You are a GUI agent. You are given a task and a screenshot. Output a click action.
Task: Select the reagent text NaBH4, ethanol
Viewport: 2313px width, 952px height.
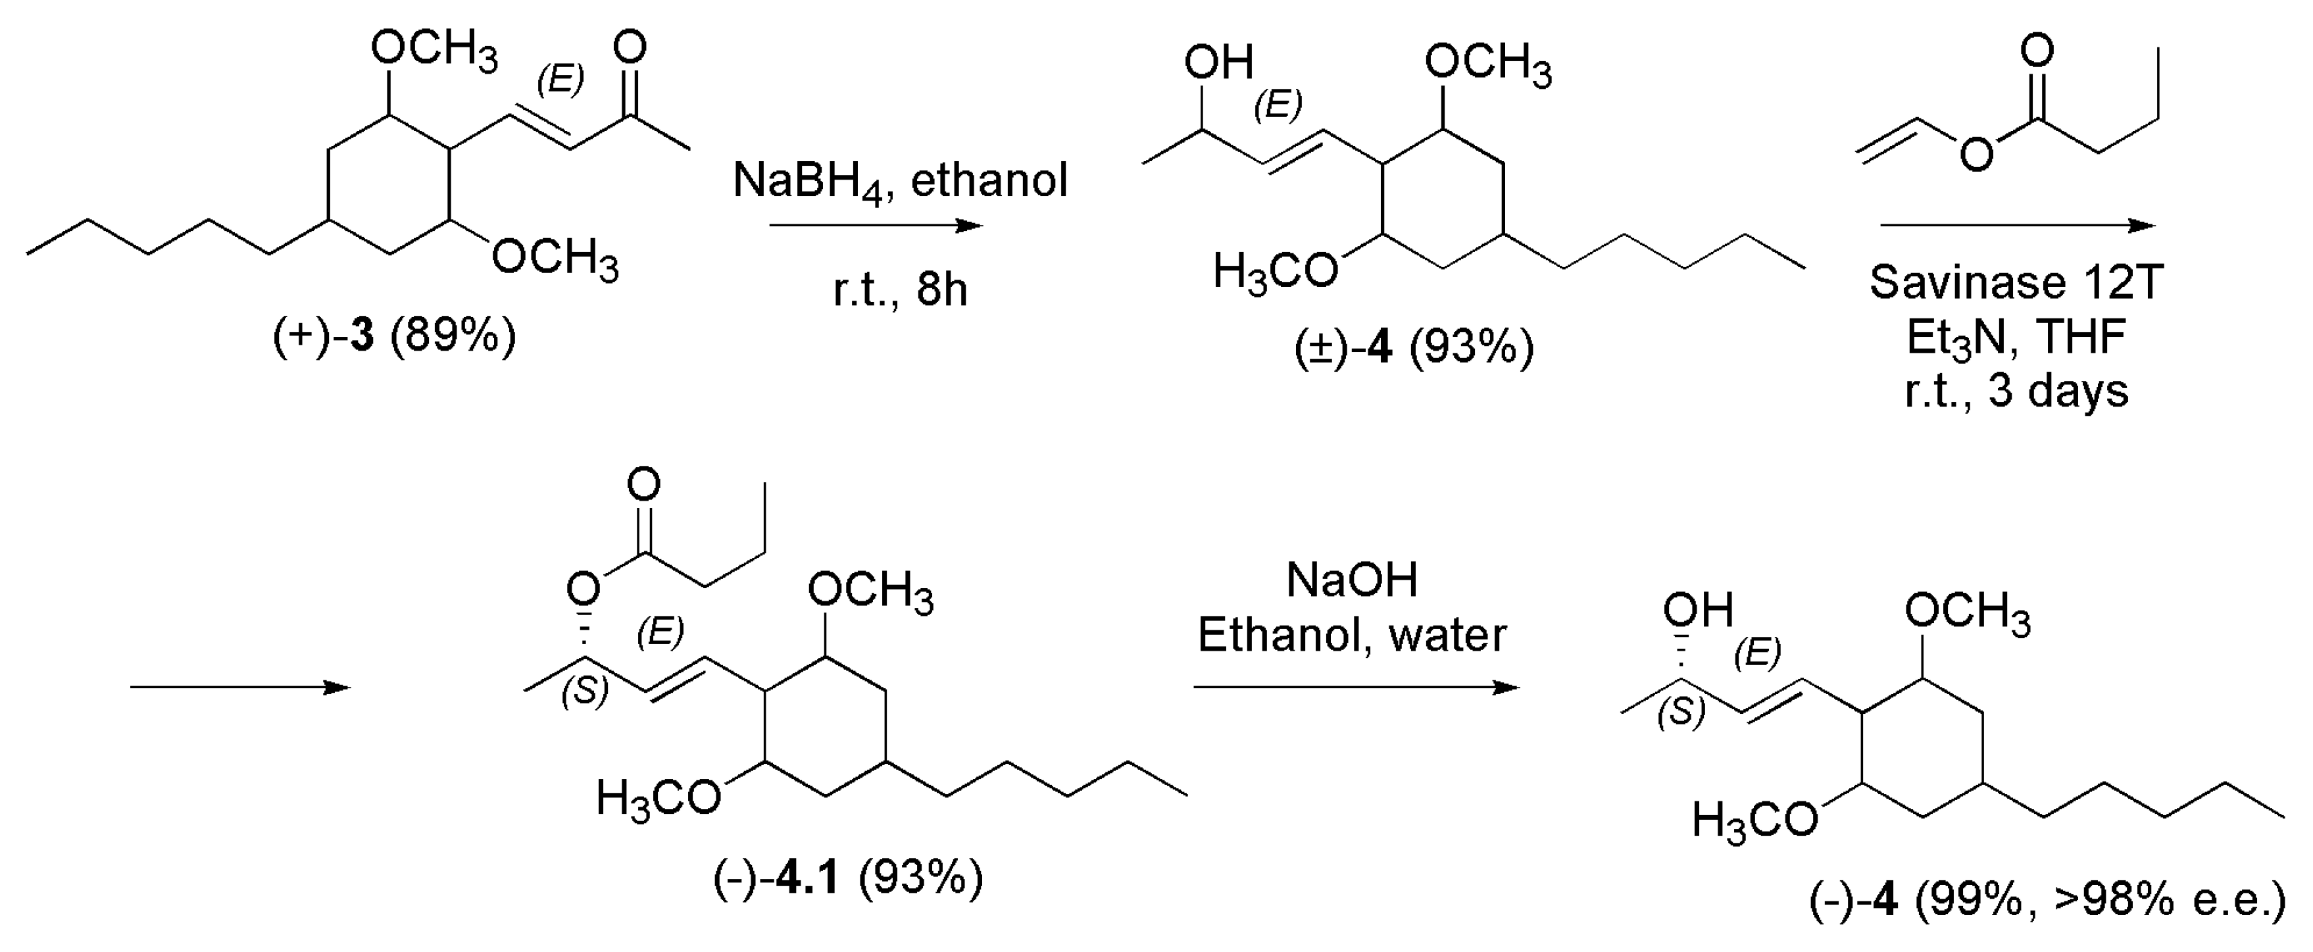[900, 180]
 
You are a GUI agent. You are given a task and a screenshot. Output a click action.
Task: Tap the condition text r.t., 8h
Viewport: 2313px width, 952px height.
[900, 289]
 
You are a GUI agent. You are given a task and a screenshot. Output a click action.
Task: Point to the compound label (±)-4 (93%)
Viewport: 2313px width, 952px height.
[1414, 347]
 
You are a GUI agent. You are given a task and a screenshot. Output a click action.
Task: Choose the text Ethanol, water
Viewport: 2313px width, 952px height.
[1351, 636]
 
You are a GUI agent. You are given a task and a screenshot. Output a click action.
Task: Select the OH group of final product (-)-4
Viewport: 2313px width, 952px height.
[1697, 611]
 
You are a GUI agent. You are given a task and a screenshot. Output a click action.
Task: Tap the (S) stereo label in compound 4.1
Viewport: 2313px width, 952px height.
[585, 691]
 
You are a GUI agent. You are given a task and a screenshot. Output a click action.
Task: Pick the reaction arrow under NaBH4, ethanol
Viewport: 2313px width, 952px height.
[876, 226]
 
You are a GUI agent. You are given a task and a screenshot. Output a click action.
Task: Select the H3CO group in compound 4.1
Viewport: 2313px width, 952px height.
[658, 797]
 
